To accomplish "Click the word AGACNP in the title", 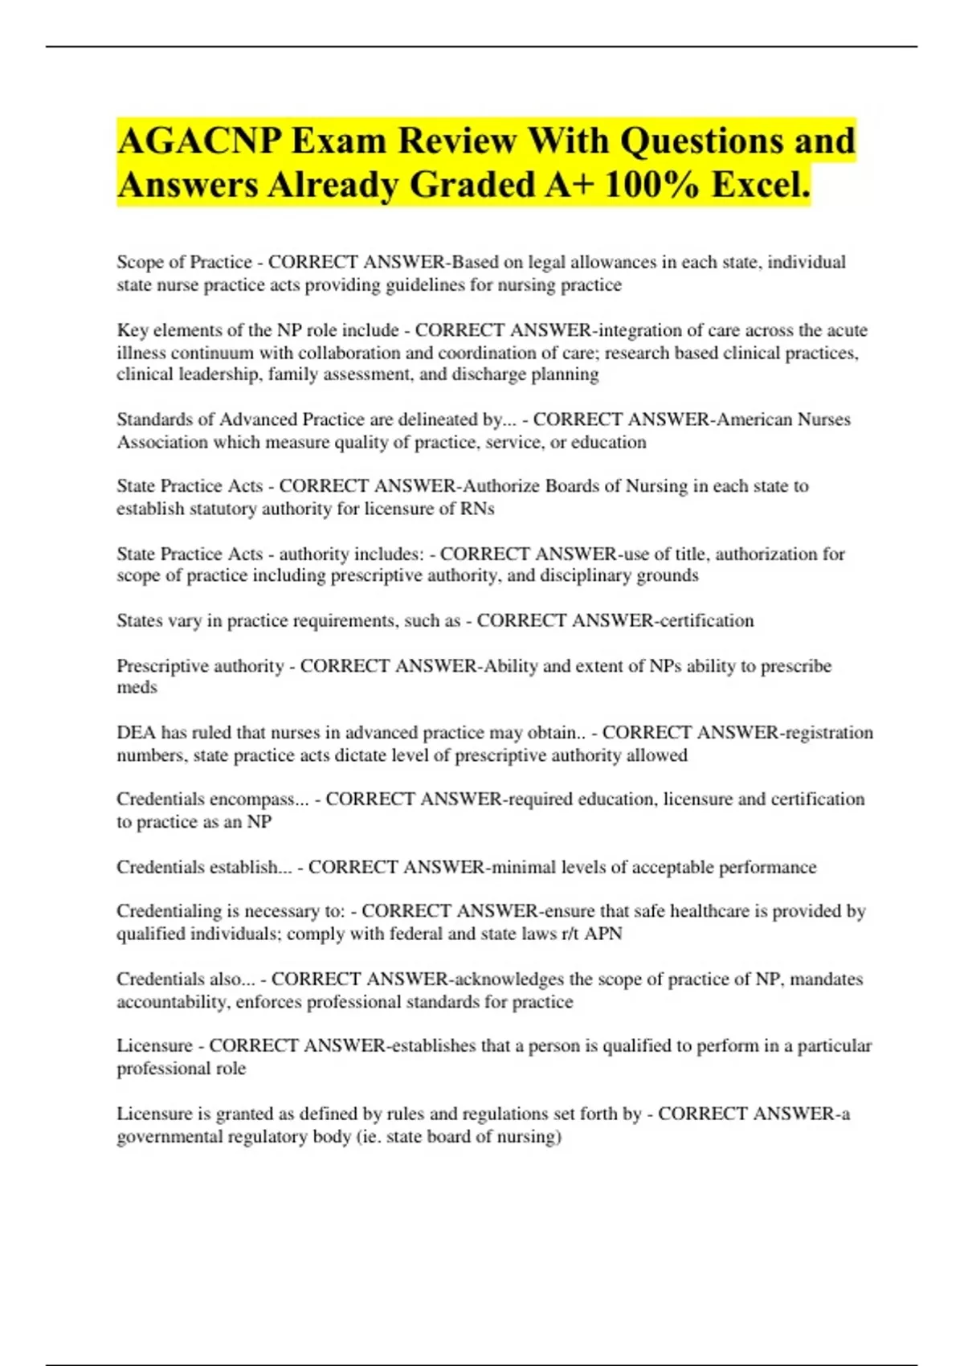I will coord(198,141).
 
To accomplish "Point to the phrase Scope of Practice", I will coord(184,263).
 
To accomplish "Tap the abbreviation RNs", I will coord(478,509).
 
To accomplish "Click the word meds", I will coord(137,688).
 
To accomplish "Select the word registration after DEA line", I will coord(829,733).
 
